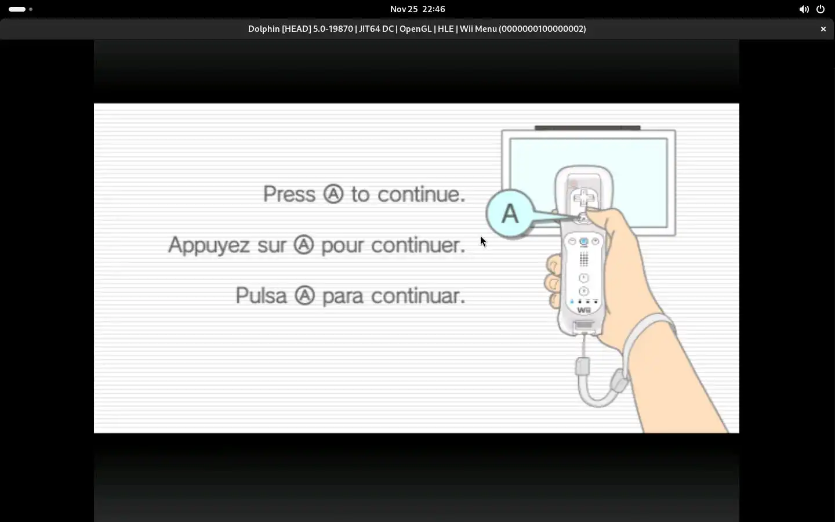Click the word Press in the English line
[289, 194]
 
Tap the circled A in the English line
[333, 194]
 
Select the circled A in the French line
[303, 245]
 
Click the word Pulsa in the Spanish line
[262, 296]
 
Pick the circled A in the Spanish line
[304, 296]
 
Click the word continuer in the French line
[418, 245]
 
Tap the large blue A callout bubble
[510, 213]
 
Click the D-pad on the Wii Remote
[584, 198]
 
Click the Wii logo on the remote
[584, 310]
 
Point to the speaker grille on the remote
[584, 259]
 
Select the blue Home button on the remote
[584, 242]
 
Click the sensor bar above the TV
[587, 128]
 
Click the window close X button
[823, 29]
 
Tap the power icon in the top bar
[821, 9]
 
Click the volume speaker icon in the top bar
[804, 9]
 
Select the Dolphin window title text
[417, 29]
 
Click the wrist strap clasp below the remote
[583, 366]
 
